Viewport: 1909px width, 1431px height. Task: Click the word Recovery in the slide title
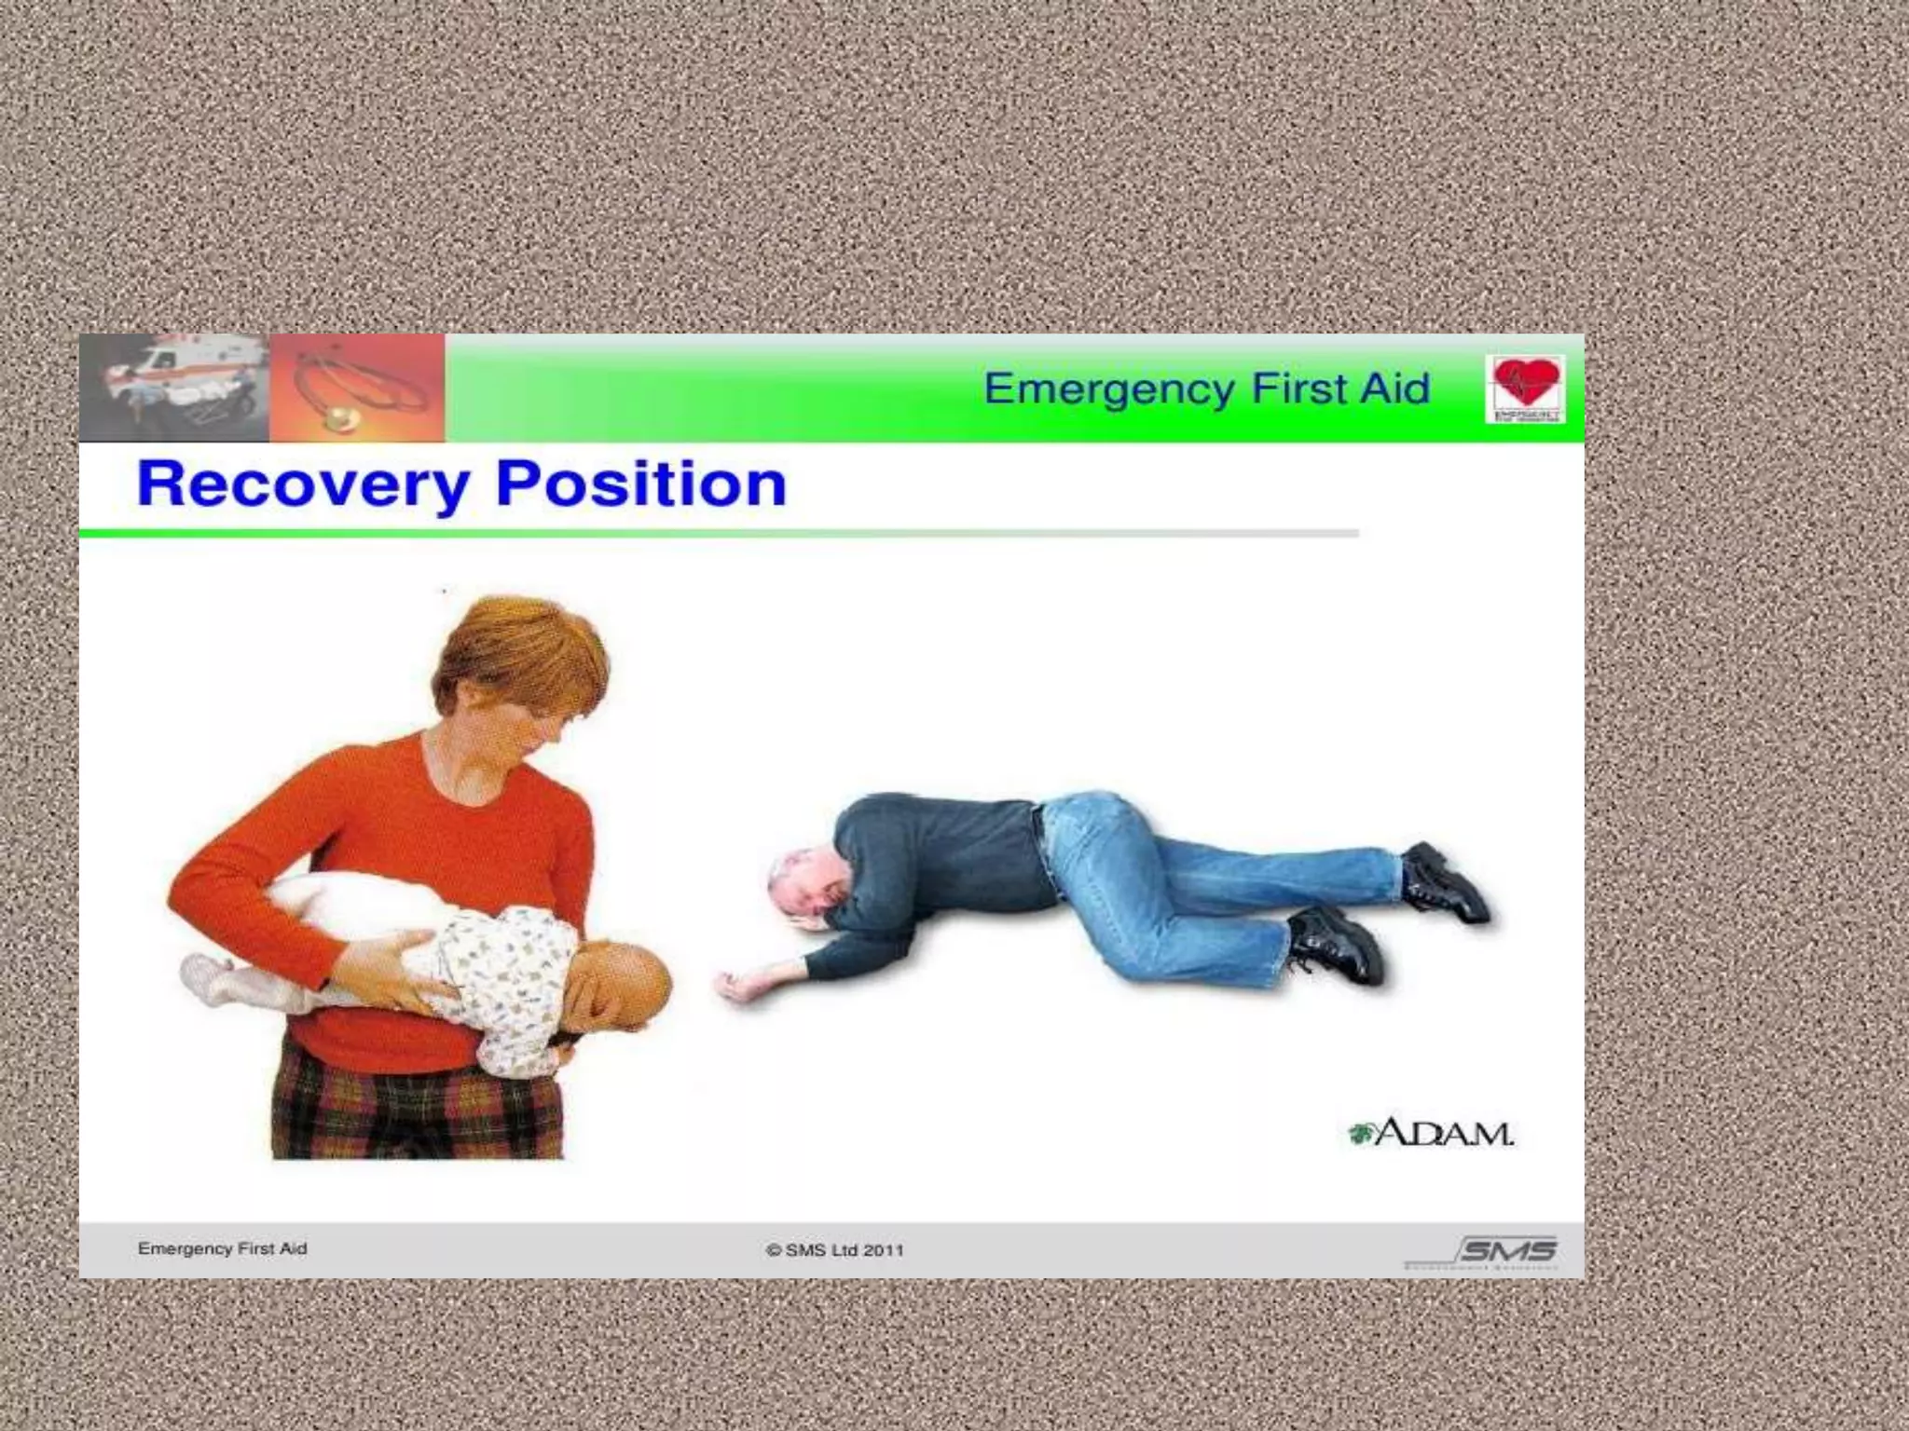coord(303,485)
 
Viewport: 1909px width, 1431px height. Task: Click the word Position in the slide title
coord(641,485)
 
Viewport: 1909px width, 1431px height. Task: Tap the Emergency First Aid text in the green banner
coord(1206,388)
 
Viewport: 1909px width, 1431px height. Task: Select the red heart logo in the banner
coord(1525,388)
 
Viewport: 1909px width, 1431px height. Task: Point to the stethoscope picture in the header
coord(358,388)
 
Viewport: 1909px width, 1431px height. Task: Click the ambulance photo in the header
coord(175,387)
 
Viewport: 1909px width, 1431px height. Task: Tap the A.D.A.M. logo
coord(1432,1133)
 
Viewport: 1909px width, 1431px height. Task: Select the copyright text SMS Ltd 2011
coord(835,1250)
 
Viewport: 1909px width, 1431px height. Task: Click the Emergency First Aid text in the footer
coord(222,1248)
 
